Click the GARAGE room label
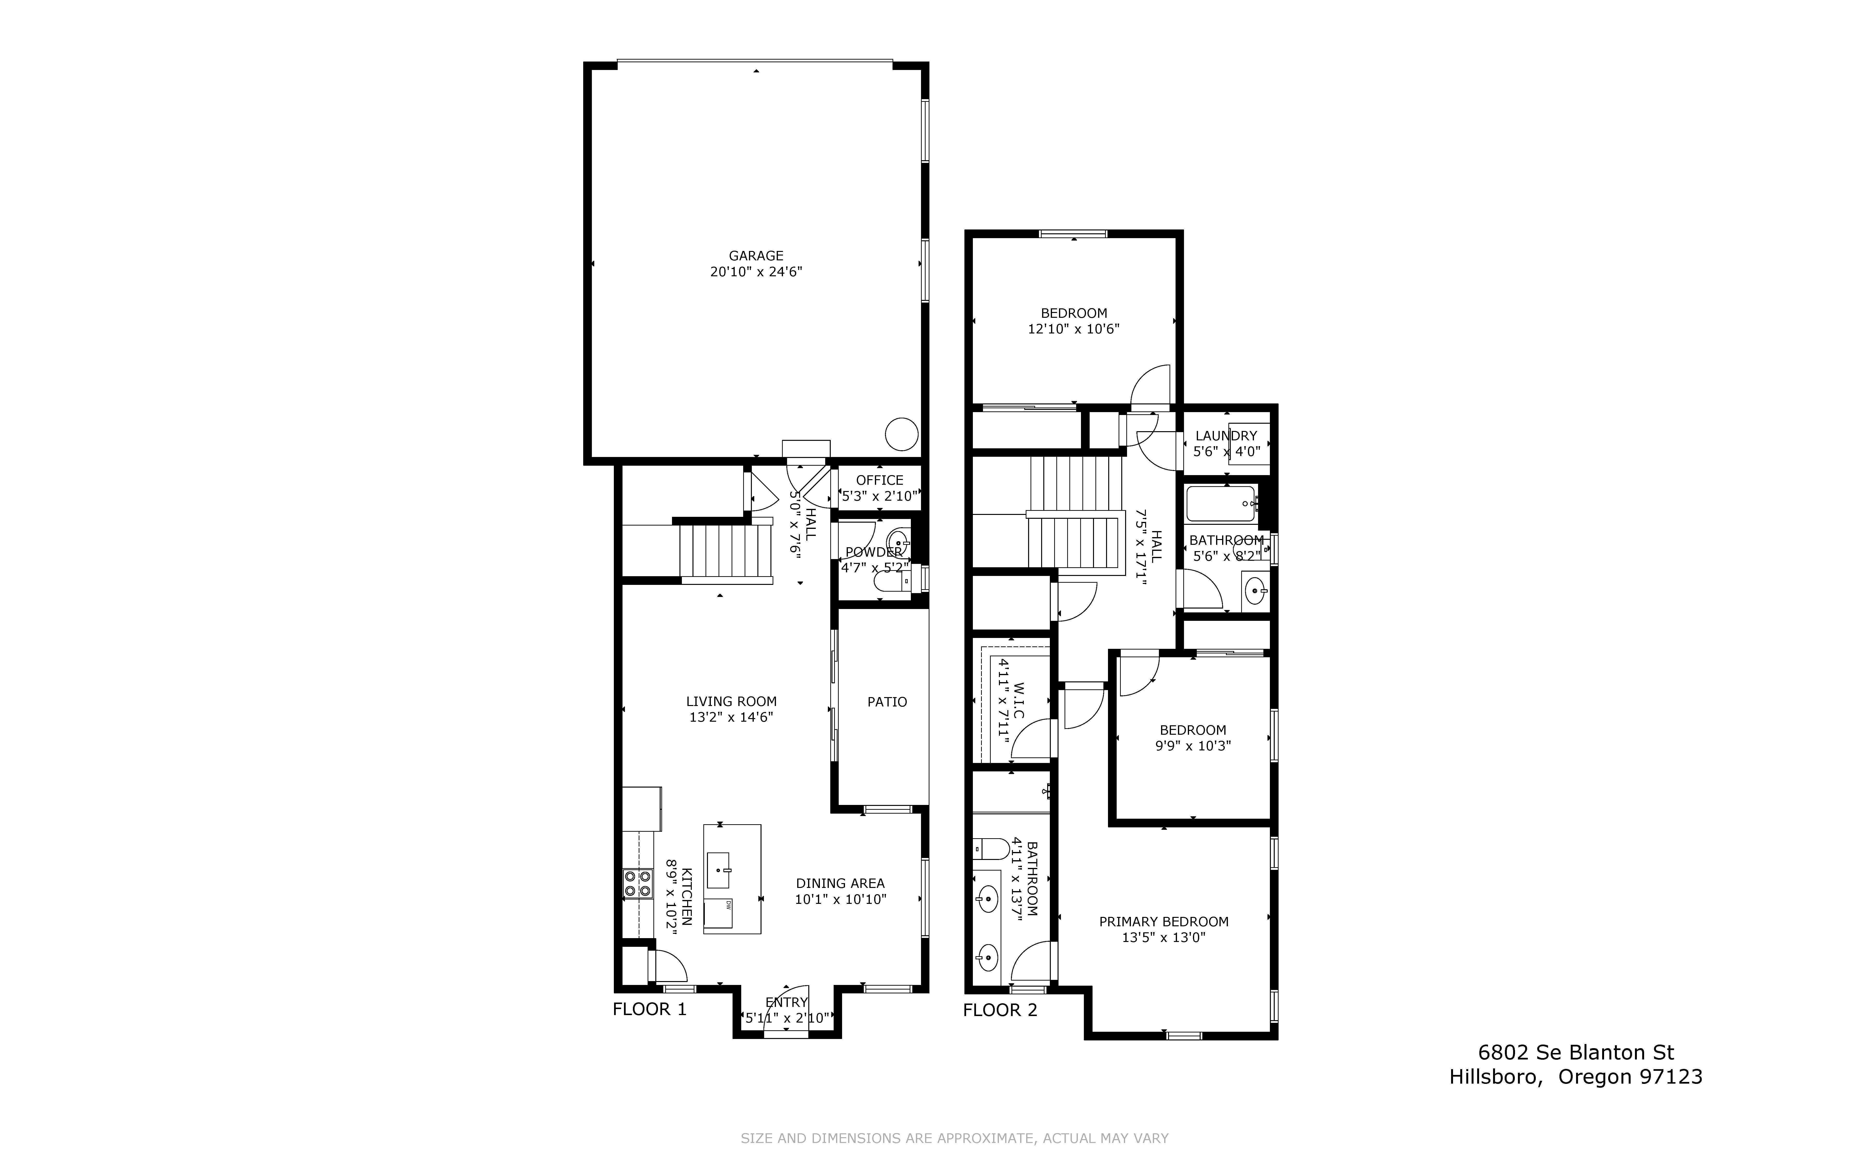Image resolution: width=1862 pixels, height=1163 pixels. pyautogui.click(x=756, y=255)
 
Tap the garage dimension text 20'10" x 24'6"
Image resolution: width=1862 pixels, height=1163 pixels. pyautogui.click(x=756, y=271)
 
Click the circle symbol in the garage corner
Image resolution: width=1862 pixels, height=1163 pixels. pyautogui.click(x=901, y=435)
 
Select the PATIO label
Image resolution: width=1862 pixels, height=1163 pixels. pyautogui.click(x=887, y=701)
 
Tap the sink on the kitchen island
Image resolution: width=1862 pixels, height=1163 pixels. pyautogui.click(x=718, y=870)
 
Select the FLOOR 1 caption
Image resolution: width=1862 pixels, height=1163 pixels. pyautogui.click(x=649, y=1009)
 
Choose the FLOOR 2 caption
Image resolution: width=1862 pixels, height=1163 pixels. pyautogui.click(x=1000, y=1010)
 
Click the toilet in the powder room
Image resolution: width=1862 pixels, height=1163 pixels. pyautogui.click(x=892, y=585)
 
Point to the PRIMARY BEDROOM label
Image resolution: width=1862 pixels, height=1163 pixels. pyautogui.click(x=1164, y=921)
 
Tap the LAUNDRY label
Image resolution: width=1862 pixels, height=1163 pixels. pyautogui.click(x=1226, y=435)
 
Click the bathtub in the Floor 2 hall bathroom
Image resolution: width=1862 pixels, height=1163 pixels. pyautogui.click(x=1221, y=504)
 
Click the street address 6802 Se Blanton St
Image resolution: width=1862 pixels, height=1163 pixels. pyautogui.click(x=1576, y=1052)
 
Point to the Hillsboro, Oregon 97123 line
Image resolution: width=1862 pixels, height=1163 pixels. pyautogui.click(x=1576, y=1077)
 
